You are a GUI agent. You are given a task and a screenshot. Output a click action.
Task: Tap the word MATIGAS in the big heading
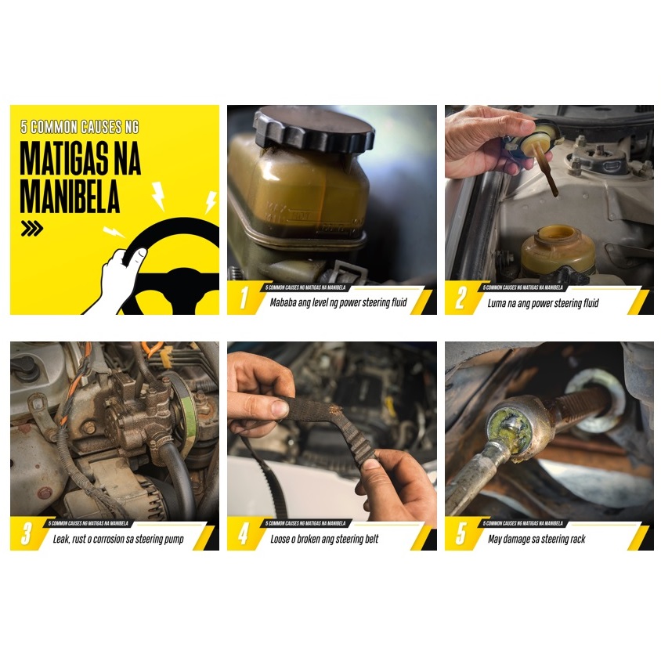coord(63,158)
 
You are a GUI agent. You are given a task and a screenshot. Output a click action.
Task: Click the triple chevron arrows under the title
coord(32,228)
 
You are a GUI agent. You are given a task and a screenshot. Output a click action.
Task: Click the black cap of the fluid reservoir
coord(313,129)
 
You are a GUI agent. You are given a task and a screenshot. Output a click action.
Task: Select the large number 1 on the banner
coord(244,298)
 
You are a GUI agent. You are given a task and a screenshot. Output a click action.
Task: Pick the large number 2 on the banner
coord(461,298)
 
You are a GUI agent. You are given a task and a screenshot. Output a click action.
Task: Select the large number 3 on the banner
coord(27,533)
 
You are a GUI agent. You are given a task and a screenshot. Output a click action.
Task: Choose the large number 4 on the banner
coord(244,533)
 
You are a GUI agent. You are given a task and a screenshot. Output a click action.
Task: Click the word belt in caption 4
coord(371,539)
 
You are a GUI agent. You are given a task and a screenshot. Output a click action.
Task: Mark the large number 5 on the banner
coord(461,533)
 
